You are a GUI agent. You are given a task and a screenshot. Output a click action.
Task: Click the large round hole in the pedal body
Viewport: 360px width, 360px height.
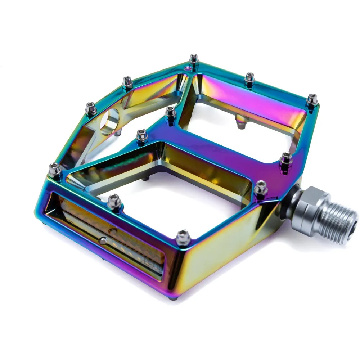[109, 122]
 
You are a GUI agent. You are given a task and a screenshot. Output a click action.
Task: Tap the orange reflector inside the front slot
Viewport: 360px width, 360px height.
[112, 230]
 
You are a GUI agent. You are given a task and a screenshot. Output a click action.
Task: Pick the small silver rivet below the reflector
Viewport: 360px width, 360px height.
[103, 240]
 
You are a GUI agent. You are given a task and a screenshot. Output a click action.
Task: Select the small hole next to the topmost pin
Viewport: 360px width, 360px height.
[187, 68]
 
